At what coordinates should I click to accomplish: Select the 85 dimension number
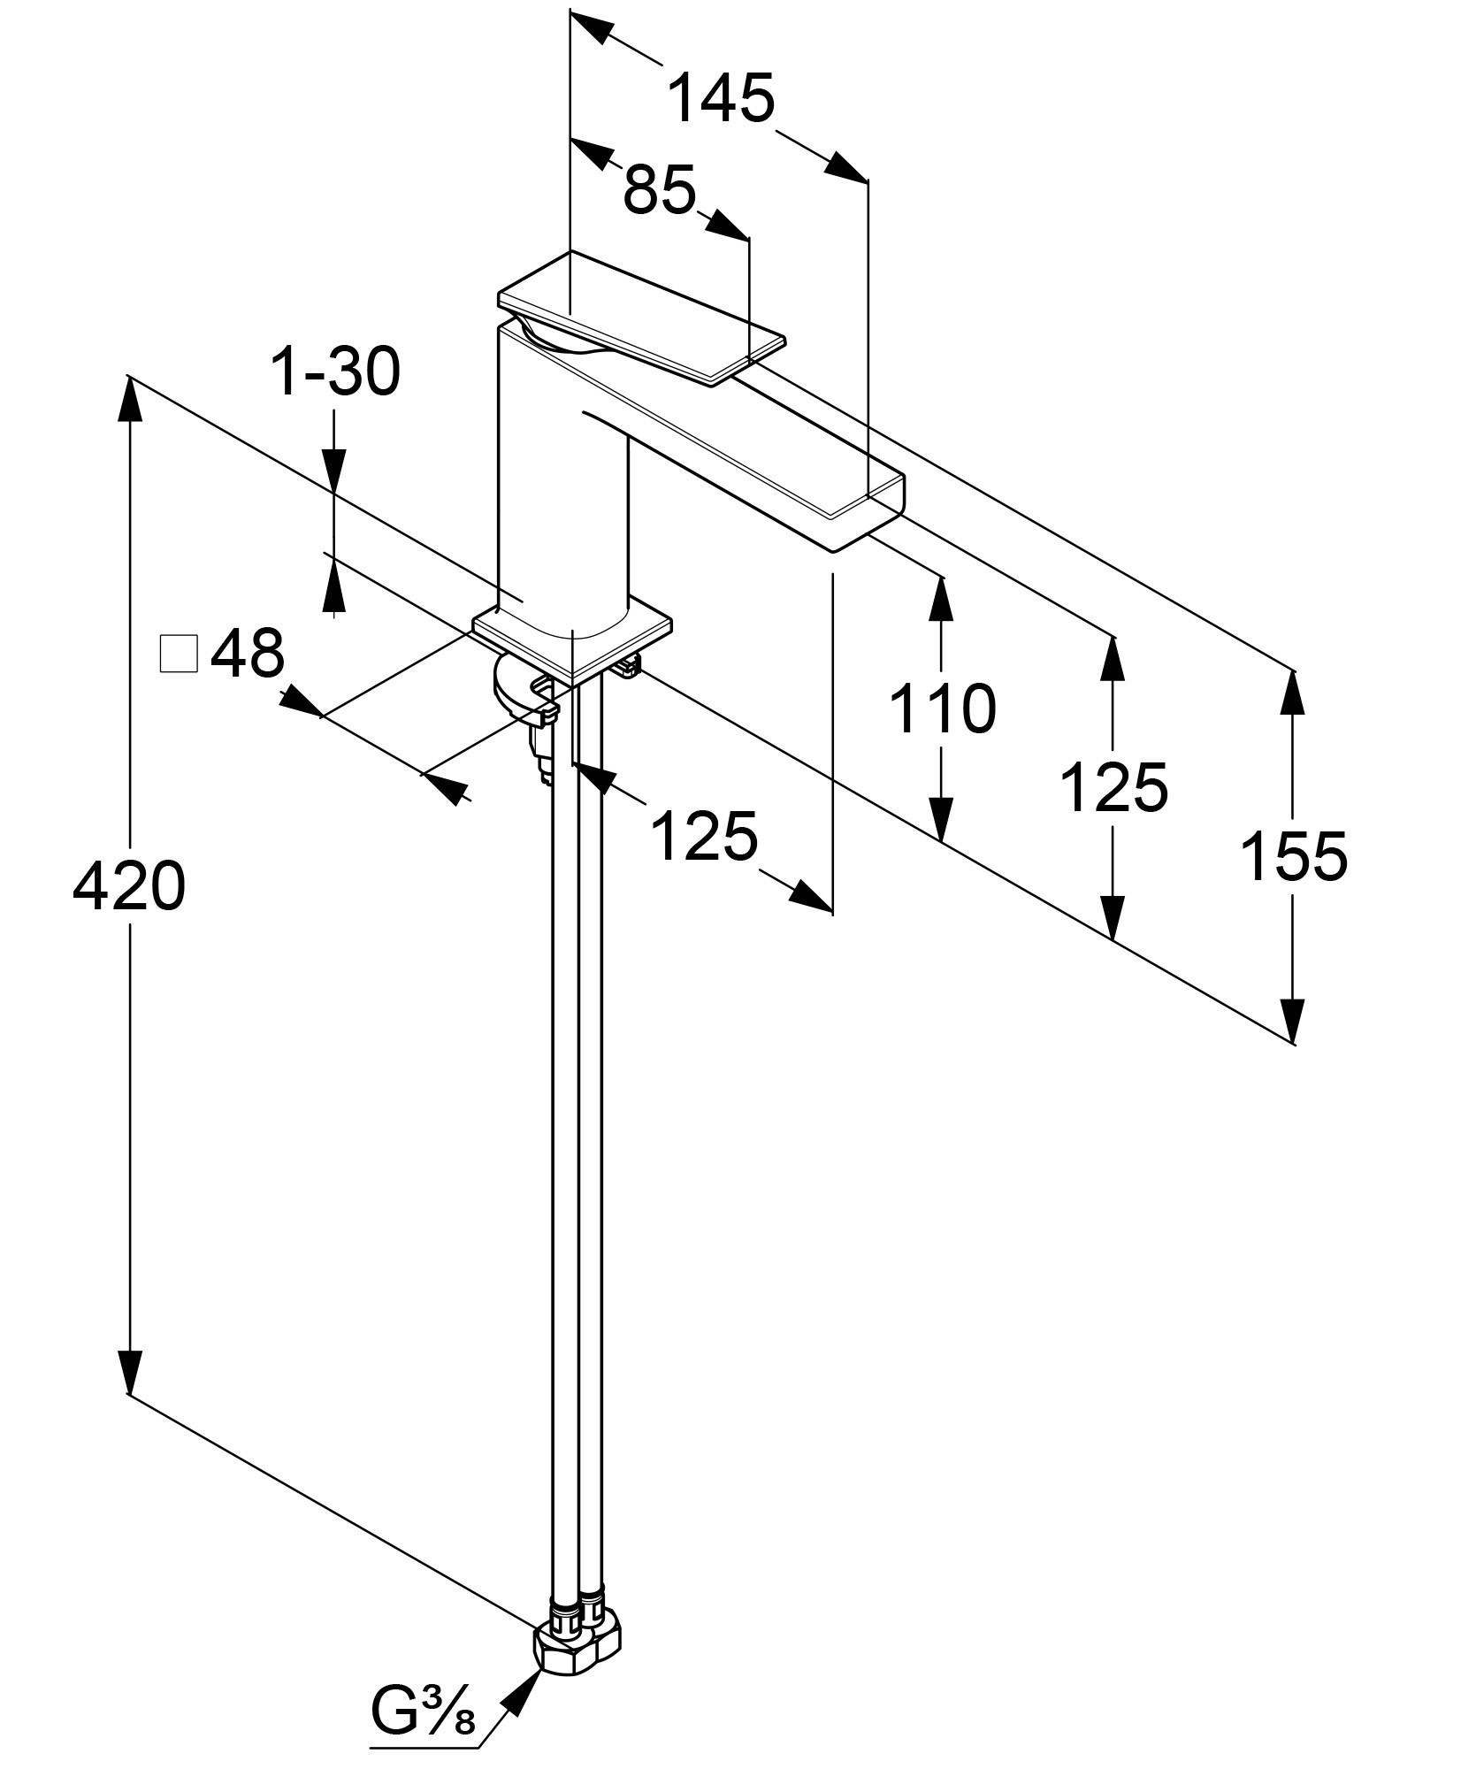[x=660, y=190]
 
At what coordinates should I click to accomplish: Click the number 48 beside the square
[x=247, y=655]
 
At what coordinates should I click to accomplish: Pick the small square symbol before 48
[x=178, y=655]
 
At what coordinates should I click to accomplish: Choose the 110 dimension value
[x=942, y=708]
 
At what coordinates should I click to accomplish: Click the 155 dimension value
[x=1294, y=856]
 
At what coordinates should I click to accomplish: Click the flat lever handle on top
[x=641, y=318]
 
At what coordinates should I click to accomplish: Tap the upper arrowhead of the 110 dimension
[x=942, y=601]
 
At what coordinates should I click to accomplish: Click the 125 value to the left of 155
[x=1113, y=786]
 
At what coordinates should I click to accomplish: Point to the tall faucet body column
[x=562, y=495]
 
